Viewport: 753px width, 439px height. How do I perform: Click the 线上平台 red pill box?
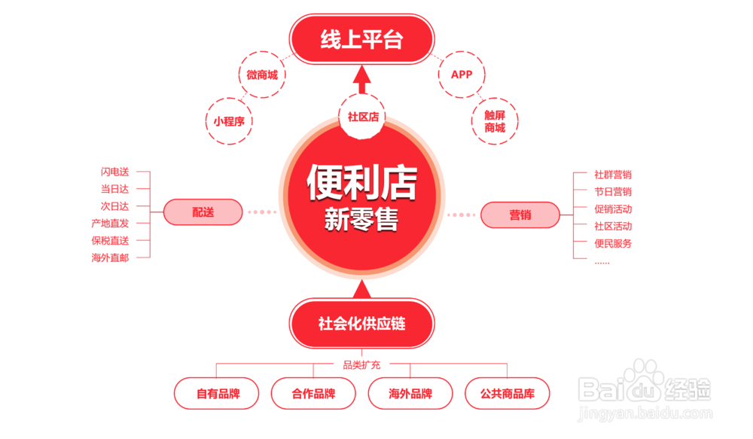(x=362, y=40)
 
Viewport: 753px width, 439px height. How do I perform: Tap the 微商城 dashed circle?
(x=262, y=75)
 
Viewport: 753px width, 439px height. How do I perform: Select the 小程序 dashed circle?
(x=229, y=120)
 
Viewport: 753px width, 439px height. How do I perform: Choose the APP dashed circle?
(x=462, y=75)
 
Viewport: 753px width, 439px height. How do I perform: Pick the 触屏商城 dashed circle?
(x=495, y=121)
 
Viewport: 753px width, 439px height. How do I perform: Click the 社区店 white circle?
(x=362, y=117)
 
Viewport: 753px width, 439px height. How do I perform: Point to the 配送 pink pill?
(x=203, y=212)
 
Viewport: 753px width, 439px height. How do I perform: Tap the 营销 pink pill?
(x=520, y=215)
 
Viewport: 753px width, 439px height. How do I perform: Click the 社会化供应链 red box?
(x=362, y=324)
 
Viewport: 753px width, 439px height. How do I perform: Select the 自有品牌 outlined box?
(x=217, y=393)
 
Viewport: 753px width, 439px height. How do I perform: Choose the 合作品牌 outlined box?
(x=313, y=393)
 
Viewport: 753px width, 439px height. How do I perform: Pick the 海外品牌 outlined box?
(x=410, y=393)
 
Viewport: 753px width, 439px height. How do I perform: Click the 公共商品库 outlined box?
(x=507, y=393)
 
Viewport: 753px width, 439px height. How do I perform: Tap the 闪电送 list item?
(x=114, y=172)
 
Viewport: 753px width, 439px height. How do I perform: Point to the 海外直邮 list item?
(x=110, y=258)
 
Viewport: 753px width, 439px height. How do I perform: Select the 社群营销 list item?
(x=613, y=175)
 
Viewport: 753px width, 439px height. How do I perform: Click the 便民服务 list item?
(x=613, y=243)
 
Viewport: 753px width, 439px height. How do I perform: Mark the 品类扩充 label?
(x=361, y=365)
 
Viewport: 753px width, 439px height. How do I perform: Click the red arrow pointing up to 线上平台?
(x=362, y=79)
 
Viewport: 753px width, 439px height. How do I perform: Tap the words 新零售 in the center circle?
(x=361, y=219)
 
